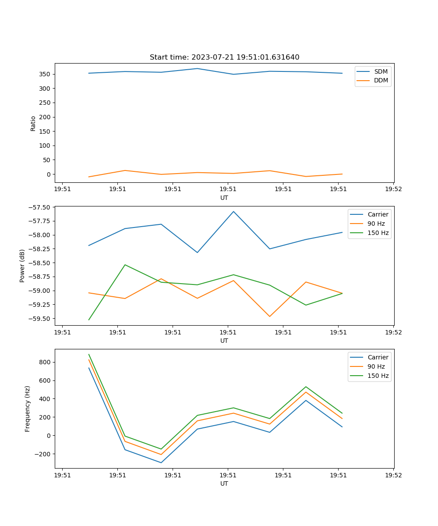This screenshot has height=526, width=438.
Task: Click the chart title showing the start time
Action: tap(224, 57)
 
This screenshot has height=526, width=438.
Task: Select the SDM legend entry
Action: tap(381, 71)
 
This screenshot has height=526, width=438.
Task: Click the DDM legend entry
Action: tap(381, 80)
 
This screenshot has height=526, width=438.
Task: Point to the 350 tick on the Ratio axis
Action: tap(45, 74)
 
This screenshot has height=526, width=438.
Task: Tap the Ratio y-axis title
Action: tap(33, 123)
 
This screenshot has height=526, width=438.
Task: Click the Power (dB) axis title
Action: tap(22, 266)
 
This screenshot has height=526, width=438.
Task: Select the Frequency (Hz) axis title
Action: tap(28, 409)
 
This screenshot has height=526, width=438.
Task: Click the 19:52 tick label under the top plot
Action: tap(393, 189)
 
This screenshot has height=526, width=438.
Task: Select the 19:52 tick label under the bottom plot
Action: tap(393, 475)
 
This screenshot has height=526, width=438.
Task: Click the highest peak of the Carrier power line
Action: tap(233, 211)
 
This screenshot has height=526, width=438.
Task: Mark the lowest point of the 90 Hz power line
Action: tap(269, 316)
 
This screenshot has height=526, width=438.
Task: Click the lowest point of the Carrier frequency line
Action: tap(161, 462)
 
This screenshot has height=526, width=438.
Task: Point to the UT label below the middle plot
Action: tap(224, 341)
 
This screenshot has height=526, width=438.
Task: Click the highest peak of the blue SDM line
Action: tap(197, 68)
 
